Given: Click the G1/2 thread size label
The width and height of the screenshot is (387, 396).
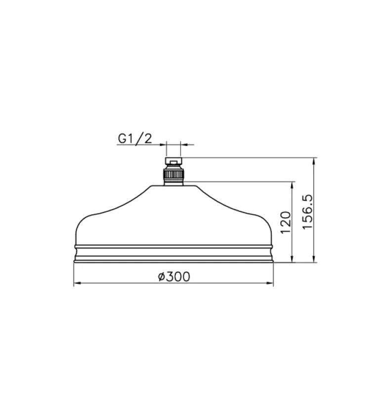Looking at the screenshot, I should [134, 139].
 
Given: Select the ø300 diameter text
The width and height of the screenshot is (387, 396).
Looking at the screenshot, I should [174, 277].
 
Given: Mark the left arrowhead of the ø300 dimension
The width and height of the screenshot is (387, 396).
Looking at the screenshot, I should [76, 284].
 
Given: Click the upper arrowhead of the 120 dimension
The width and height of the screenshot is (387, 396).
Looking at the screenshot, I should [294, 185].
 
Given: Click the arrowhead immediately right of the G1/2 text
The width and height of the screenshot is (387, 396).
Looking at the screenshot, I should [162, 145].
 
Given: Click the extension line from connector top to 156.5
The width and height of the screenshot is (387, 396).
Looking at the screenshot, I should [247, 158].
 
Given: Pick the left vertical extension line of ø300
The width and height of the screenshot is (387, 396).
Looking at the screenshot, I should [74, 275].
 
